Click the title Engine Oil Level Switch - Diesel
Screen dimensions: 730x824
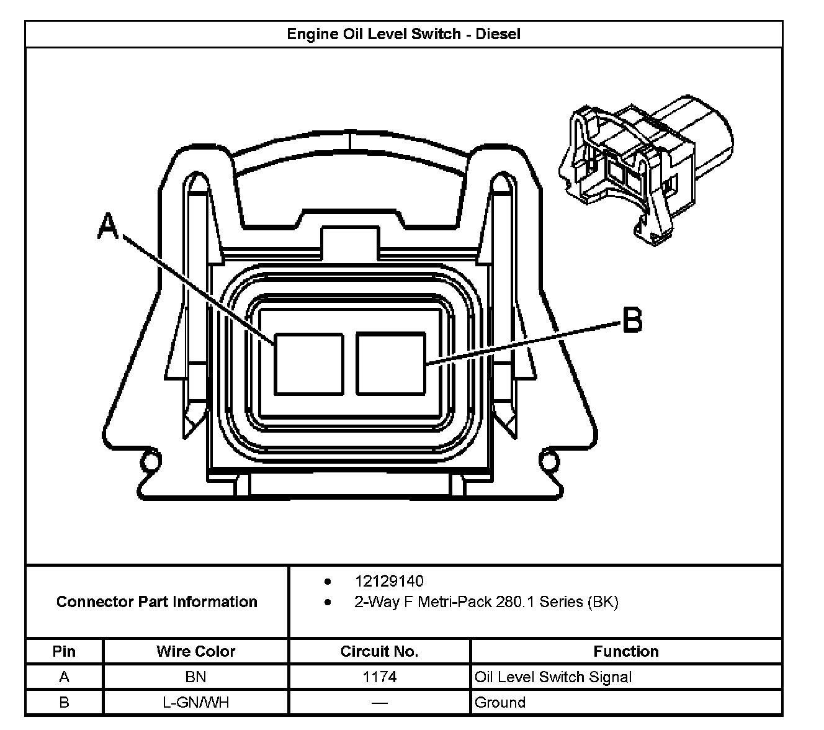click(x=403, y=34)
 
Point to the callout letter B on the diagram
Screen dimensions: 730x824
click(x=632, y=320)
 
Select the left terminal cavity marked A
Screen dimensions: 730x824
click(x=309, y=364)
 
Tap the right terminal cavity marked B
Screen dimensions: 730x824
click(x=391, y=364)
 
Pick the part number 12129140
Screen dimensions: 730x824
click(x=389, y=581)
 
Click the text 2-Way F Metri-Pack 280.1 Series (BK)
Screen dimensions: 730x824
click(x=486, y=602)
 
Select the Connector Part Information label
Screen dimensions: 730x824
click(x=156, y=602)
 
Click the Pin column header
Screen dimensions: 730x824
click(x=64, y=651)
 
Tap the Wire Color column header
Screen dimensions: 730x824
click(x=195, y=651)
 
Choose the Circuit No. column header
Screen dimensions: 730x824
click(x=379, y=651)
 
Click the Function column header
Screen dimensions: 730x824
click(x=625, y=651)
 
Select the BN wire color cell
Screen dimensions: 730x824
click(x=195, y=677)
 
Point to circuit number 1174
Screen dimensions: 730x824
click(x=379, y=677)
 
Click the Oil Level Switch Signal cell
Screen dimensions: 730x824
click(x=553, y=677)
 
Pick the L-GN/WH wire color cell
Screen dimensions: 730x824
click(x=195, y=702)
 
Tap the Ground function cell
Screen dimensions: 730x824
click(x=499, y=702)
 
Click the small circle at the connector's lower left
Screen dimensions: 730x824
click(x=148, y=461)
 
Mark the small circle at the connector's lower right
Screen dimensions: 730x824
click(x=549, y=461)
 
